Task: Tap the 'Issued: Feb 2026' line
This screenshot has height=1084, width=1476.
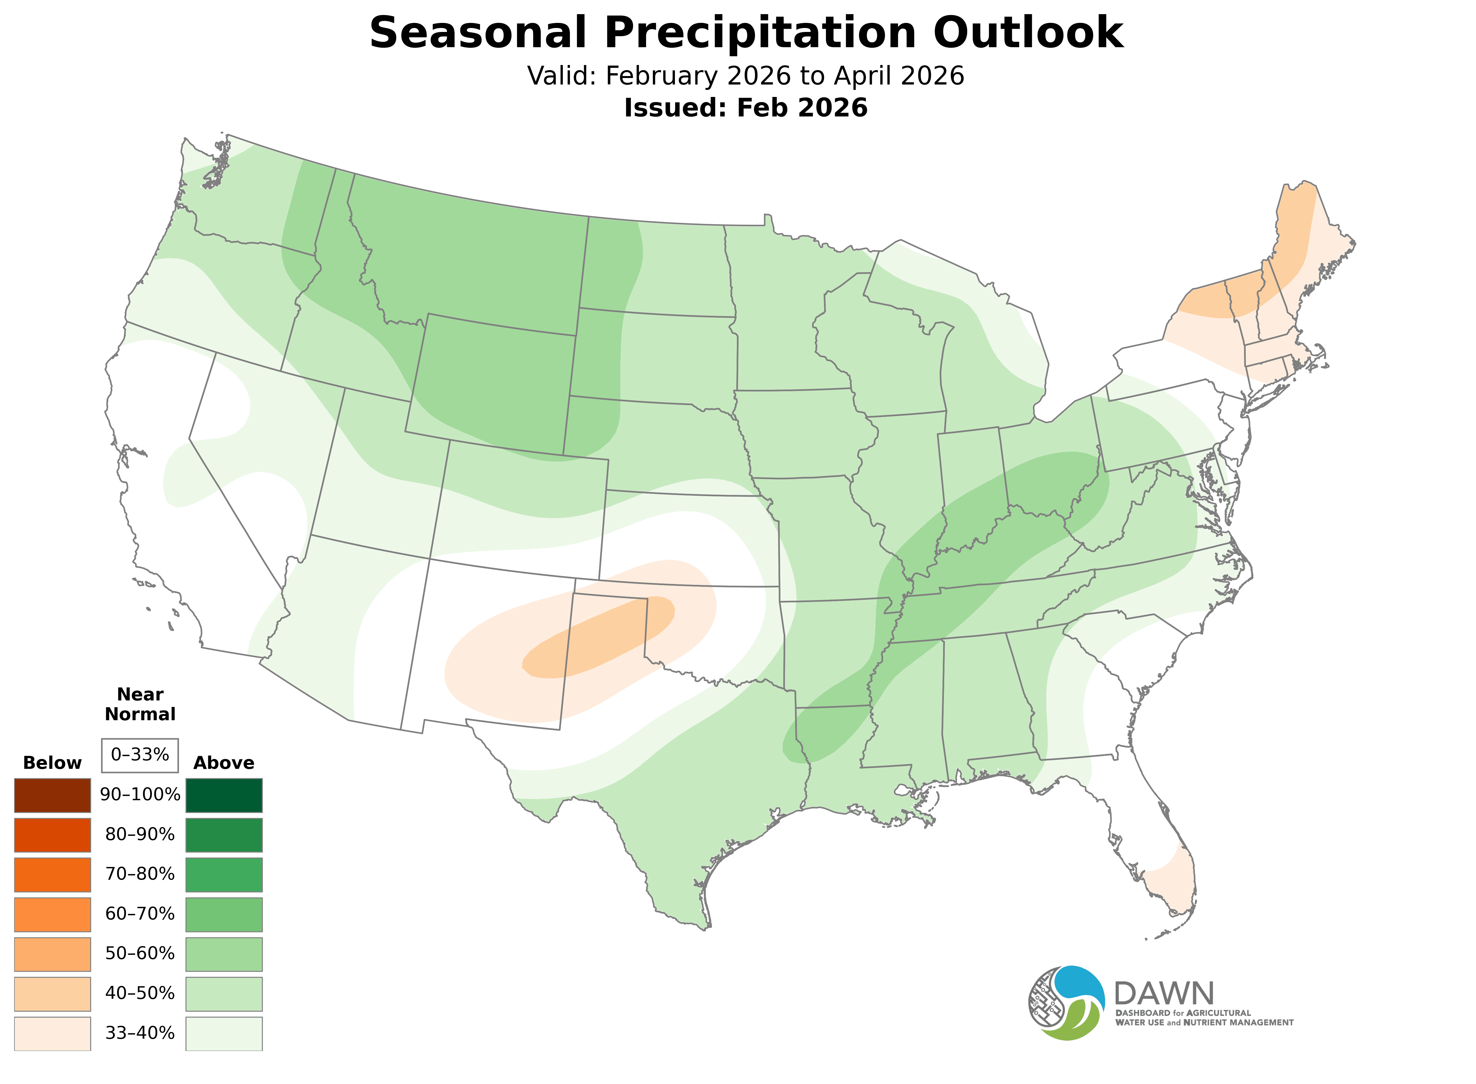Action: (x=746, y=108)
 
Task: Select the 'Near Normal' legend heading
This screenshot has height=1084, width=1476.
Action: (x=140, y=704)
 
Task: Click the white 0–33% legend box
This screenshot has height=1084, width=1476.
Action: (x=140, y=755)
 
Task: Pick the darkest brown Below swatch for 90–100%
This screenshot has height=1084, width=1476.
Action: (x=53, y=795)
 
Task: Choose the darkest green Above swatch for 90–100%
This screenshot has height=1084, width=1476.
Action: (x=224, y=795)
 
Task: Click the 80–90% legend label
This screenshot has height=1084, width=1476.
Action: (x=140, y=835)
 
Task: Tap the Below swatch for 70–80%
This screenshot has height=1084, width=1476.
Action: (x=53, y=875)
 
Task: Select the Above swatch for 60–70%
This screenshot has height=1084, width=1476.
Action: (x=224, y=914)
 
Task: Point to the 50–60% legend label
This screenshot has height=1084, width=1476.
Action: (x=140, y=953)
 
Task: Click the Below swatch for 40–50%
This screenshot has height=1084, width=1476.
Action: (x=53, y=994)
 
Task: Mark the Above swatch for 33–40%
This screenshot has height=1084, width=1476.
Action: (x=224, y=1033)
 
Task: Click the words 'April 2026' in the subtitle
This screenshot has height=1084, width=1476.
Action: (x=899, y=76)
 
